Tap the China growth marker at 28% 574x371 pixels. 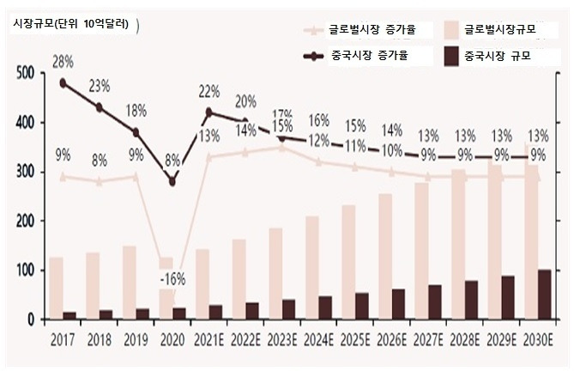[63, 83]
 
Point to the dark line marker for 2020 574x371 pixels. [172, 181]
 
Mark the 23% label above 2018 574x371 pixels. [100, 86]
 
